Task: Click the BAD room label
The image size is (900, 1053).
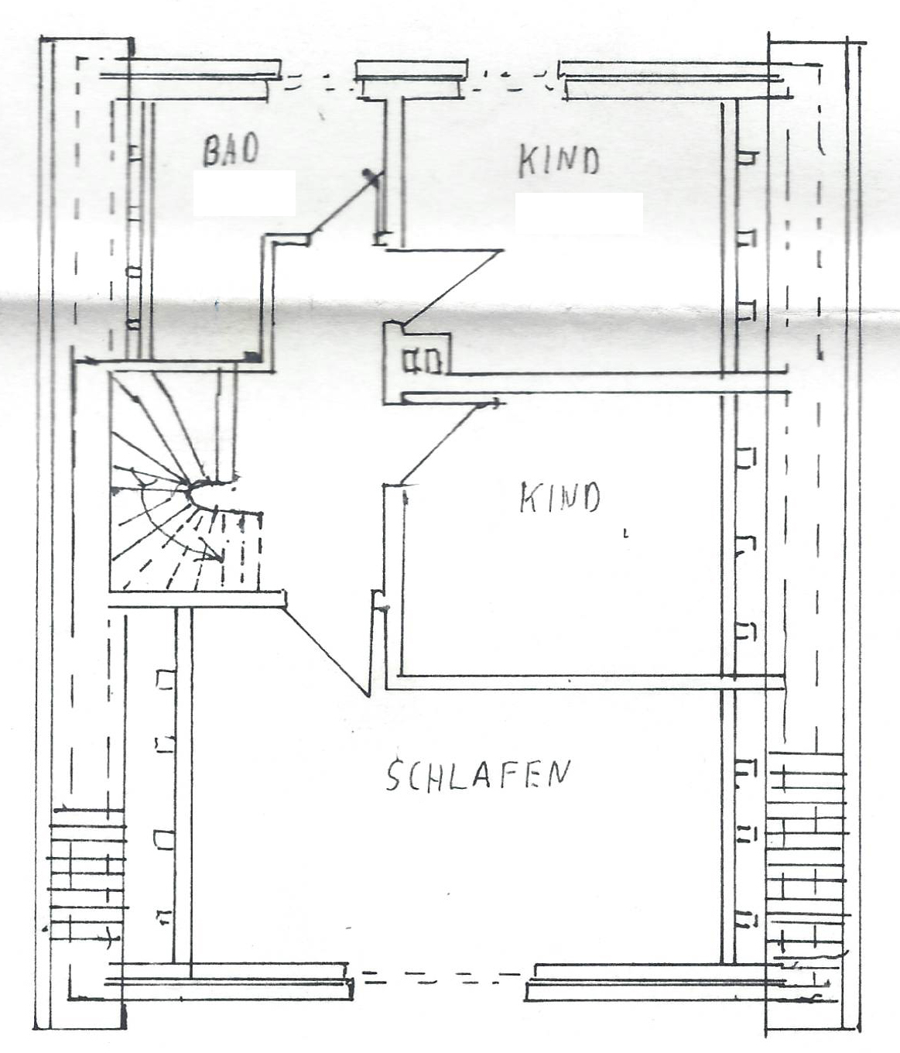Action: click(231, 149)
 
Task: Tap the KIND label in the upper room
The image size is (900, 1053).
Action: click(559, 160)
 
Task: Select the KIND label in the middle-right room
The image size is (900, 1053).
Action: click(560, 497)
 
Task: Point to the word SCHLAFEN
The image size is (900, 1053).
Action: click(478, 775)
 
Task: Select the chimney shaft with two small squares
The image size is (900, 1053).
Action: click(417, 362)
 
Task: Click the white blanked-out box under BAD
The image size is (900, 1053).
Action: click(245, 193)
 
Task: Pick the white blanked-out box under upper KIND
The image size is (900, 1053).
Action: click(580, 214)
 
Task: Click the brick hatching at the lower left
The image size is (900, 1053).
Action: click(87, 887)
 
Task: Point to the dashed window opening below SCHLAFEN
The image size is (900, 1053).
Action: click(439, 975)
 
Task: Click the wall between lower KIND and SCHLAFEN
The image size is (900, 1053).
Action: click(584, 683)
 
